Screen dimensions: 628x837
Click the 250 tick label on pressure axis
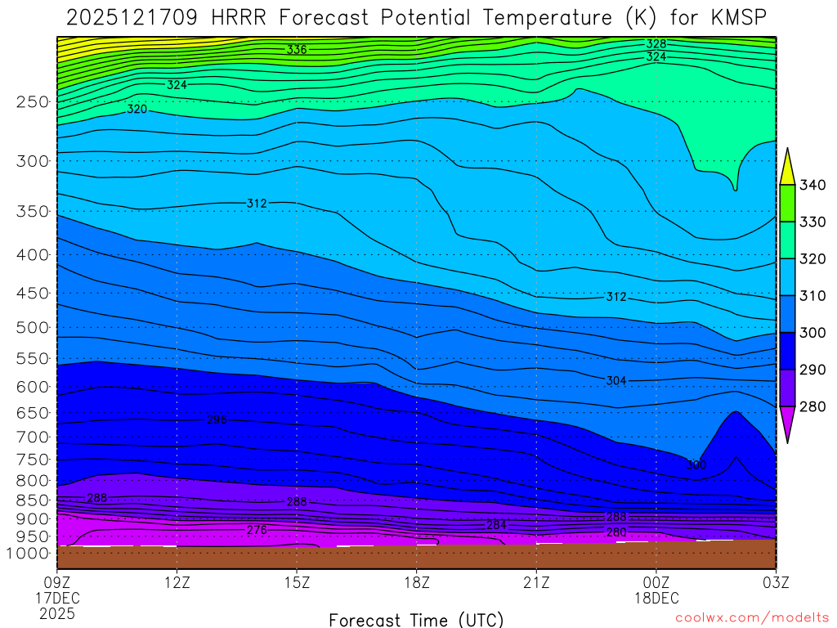point(32,102)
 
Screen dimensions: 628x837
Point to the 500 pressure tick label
point(32,328)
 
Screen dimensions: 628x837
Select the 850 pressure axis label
point(32,500)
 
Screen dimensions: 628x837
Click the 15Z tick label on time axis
point(297,582)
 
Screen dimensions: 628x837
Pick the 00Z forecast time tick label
point(656,582)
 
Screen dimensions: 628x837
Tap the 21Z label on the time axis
point(536,582)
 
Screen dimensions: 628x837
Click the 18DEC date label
point(656,598)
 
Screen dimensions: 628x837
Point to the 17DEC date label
point(56,598)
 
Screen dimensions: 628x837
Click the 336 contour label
point(296,50)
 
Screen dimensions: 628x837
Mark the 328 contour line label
point(656,44)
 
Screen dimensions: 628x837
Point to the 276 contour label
point(257,531)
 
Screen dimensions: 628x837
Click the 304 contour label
point(616,381)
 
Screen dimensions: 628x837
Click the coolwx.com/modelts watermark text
point(752,618)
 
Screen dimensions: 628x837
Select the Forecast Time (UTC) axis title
point(416,619)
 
